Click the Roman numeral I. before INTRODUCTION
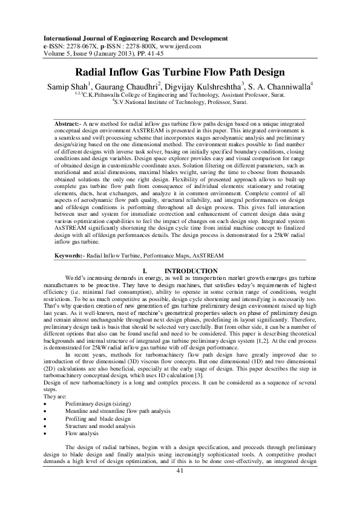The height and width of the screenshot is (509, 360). pyautogui.click(x=143, y=270)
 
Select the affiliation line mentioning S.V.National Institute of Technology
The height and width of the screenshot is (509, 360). pyautogui.click(x=180, y=102)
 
